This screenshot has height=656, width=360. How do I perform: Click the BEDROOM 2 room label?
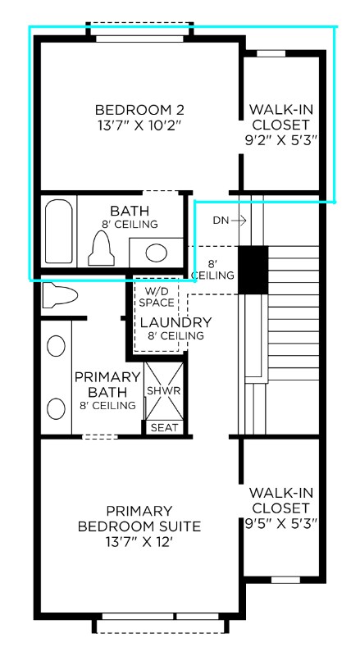[139, 110]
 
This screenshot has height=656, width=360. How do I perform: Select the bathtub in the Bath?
[58, 231]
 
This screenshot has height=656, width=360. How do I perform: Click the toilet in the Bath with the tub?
[102, 248]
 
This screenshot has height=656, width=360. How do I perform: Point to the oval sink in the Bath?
[156, 253]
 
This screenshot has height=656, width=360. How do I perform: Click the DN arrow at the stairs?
[239, 221]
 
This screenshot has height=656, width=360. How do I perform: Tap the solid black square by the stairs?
[253, 270]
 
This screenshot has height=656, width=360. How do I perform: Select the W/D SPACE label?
[157, 296]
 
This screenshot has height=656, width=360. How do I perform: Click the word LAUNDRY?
[175, 322]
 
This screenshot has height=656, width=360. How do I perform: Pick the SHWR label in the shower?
[164, 391]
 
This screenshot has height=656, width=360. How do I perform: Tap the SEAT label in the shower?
[165, 428]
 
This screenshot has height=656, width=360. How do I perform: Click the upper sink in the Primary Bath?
[56, 346]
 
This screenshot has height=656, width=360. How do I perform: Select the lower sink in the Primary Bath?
[56, 408]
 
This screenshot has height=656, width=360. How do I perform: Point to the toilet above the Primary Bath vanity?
[61, 295]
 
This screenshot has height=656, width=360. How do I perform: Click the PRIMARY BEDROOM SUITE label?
[139, 519]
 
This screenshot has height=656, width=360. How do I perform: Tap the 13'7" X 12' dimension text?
[139, 542]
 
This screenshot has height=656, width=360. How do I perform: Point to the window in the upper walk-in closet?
[271, 53]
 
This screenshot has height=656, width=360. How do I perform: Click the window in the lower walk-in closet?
[286, 580]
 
